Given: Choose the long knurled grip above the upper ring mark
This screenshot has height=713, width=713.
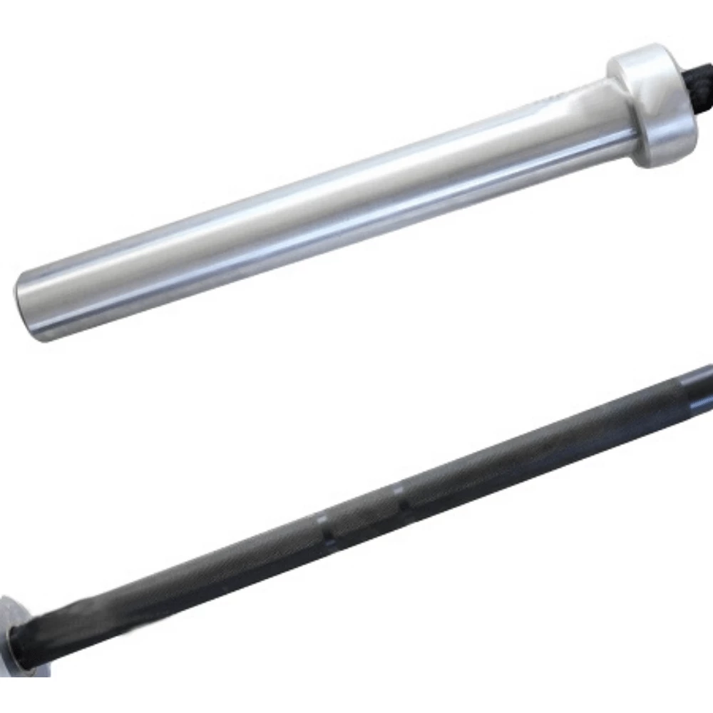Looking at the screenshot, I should (x=542, y=438).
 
